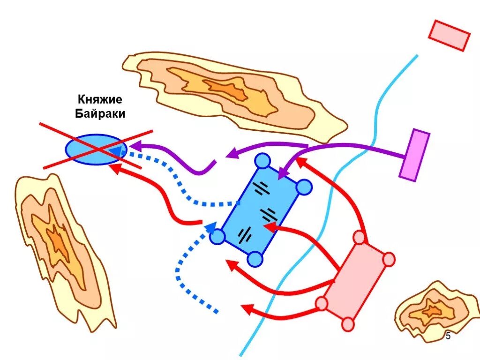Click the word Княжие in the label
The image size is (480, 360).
point(100,99)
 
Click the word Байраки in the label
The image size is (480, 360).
point(100,113)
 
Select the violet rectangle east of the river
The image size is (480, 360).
point(414,155)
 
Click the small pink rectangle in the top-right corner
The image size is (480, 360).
point(449,35)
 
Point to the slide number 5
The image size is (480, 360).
point(448,336)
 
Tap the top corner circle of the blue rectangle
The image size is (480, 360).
point(262,161)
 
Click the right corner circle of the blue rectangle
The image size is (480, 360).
point(304,187)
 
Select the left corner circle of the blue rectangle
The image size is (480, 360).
point(217,237)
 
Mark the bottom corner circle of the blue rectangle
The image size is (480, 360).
point(255,258)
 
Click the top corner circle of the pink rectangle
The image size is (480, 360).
point(359,238)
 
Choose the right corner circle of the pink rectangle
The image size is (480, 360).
point(389,259)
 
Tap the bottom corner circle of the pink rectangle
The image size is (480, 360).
point(347,324)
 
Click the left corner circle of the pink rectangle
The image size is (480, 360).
point(322,303)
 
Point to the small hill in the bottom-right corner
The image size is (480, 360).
point(434,310)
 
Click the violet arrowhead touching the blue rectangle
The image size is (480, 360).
point(281,175)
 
